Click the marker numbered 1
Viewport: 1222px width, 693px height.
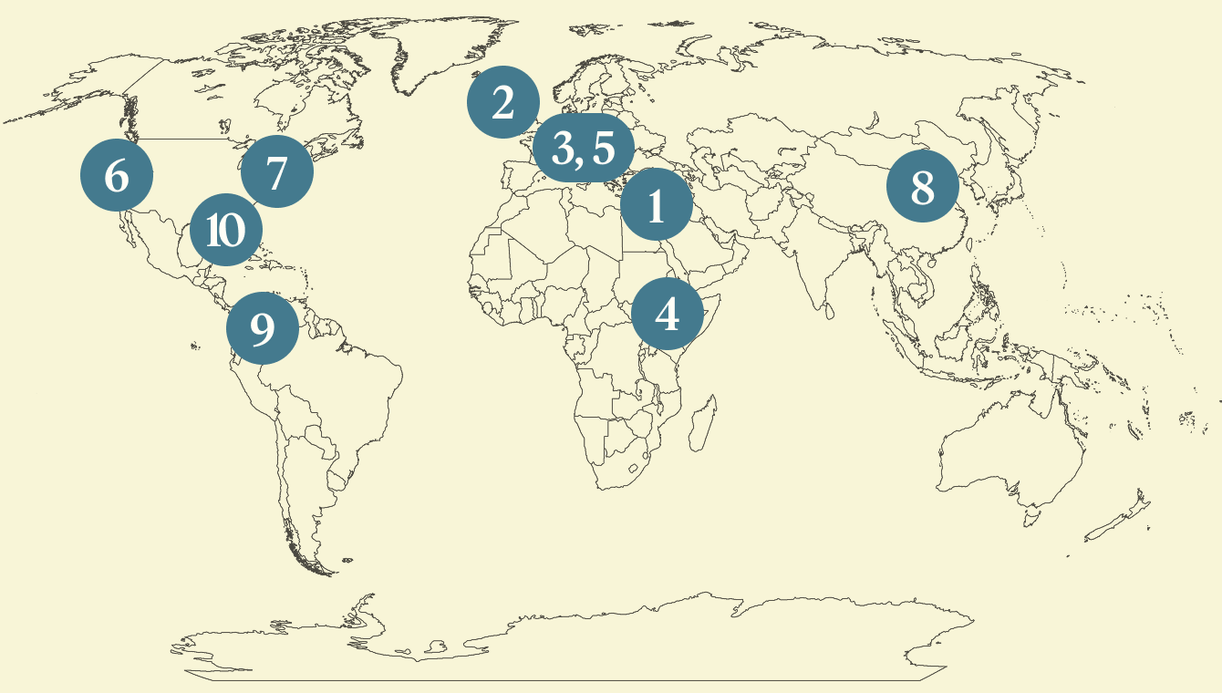point(656,205)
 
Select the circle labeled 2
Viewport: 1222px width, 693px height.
point(502,103)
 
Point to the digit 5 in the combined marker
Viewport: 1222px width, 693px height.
point(604,149)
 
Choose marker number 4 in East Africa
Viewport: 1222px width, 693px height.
point(668,314)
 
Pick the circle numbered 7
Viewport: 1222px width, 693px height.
point(276,171)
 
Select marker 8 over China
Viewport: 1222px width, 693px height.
point(923,187)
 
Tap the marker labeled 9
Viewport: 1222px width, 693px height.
point(262,328)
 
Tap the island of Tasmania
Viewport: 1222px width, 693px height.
point(1030,519)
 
